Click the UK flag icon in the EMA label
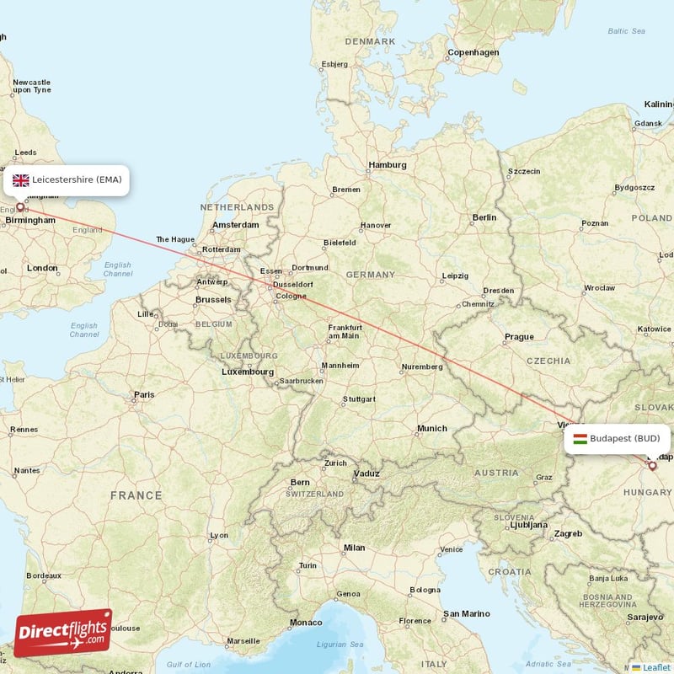(x=21, y=179)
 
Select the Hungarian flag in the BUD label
(x=580, y=438)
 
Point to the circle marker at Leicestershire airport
(x=20, y=206)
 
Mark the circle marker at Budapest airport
(x=652, y=465)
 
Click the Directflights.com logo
(x=63, y=633)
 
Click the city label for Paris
(x=144, y=394)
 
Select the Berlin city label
(x=484, y=217)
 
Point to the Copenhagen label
(x=473, y=52)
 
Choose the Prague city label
(x=519, y=337)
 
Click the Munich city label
(x=431, y=429)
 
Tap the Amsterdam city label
(x=236, y=225)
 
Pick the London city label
(x=42, y=268)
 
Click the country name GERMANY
(x=370, y=275)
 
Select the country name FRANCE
(x=136, y=495)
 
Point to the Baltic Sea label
(x=626, y=31)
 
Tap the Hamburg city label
(x=388, y=165)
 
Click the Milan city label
(x=354, y=548)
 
